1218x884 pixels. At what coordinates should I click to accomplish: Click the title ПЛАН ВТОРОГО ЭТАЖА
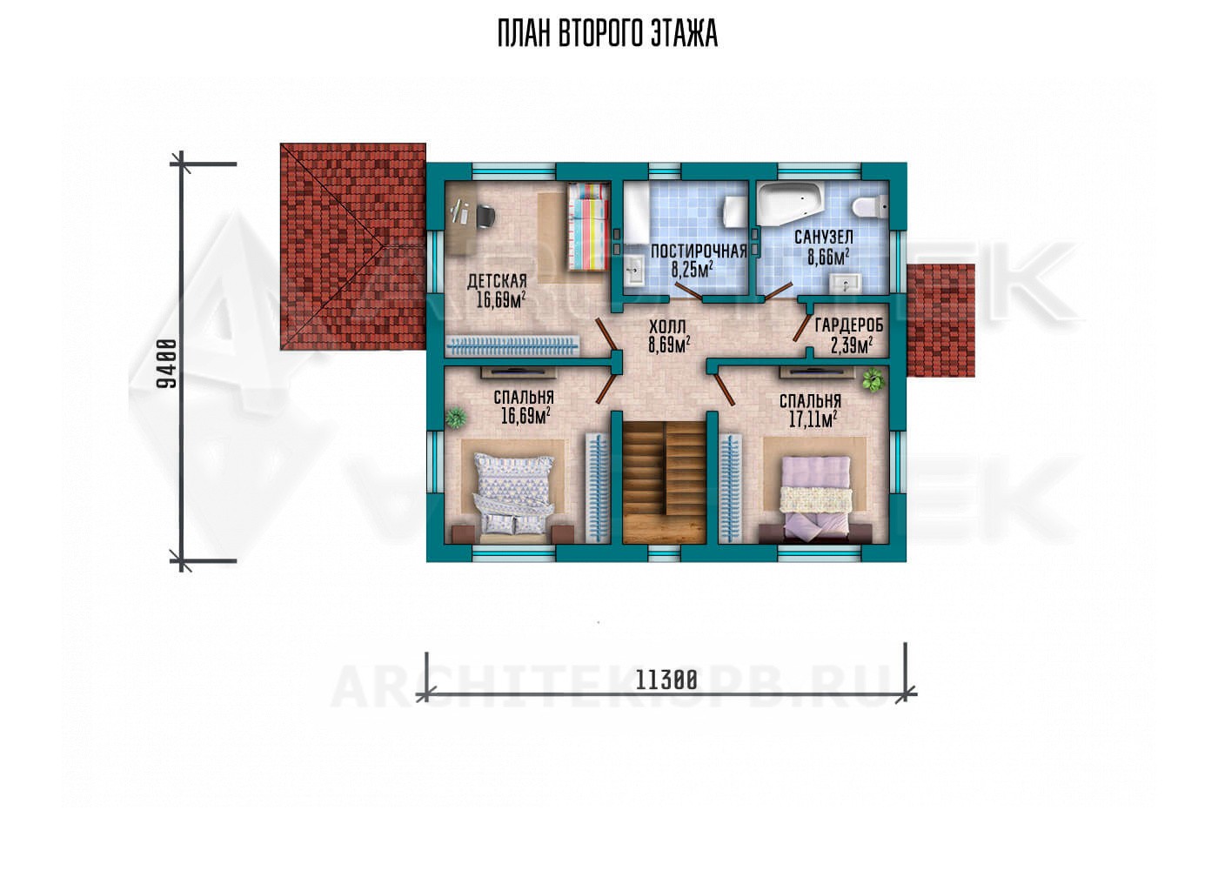click(x=607, y=34)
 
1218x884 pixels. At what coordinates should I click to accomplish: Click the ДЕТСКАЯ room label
click(x=497, y=281)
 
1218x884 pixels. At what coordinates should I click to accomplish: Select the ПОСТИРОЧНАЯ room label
click(x=698, y=251)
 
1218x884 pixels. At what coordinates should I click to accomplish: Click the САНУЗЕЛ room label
click(x=823, y=237)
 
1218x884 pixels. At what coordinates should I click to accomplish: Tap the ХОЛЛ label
click(x=667, y=326)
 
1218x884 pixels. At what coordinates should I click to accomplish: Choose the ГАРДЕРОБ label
click(x=849, y=325)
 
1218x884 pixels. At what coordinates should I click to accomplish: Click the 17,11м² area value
click(x=813, y=419)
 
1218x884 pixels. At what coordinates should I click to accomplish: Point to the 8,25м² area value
click(x=692, y=269)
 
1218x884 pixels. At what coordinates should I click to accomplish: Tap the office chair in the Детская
click(x=486, y=215)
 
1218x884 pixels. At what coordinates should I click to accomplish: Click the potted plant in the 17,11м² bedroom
click(x=873, y=379)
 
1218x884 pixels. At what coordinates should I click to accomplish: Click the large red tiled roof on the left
click(x=353, y=246)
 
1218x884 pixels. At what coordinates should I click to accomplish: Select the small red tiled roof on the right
click(x=940, y=320)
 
